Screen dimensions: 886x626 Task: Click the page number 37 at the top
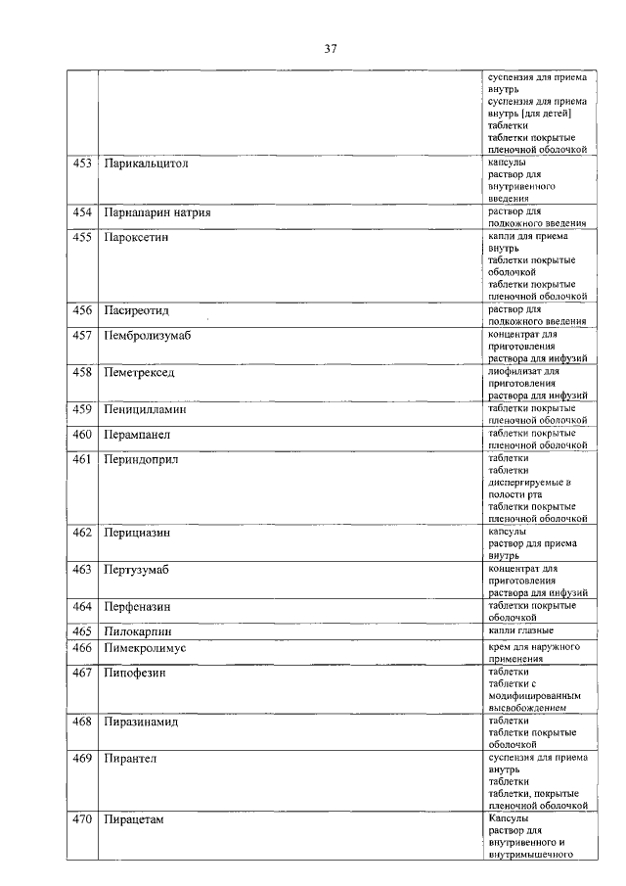tap(330, 48)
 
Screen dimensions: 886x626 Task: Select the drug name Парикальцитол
tap(146, 163)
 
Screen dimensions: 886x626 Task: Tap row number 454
tap(83, 212)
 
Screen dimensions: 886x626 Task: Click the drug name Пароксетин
tap(136, 238)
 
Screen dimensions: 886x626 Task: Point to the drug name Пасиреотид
tap(137, 310)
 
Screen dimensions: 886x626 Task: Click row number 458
tap(83, 373)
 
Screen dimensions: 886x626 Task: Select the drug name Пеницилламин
tap(145, 409)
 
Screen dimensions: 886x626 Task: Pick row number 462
tap(83, 533)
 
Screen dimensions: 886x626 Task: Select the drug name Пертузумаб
tap(138, 569)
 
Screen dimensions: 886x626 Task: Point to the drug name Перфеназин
tap(139, 606)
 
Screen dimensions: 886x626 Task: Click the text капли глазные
tap(520, 630)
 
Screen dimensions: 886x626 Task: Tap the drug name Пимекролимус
tap(145, 648)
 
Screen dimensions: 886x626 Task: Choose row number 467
tap(83, 673)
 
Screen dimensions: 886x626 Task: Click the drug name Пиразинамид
tap(142, 722)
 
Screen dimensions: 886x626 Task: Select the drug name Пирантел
tap(130, 758)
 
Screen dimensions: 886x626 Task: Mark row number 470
tap(83, 819)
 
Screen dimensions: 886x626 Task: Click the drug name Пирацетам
tap(133, 819)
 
